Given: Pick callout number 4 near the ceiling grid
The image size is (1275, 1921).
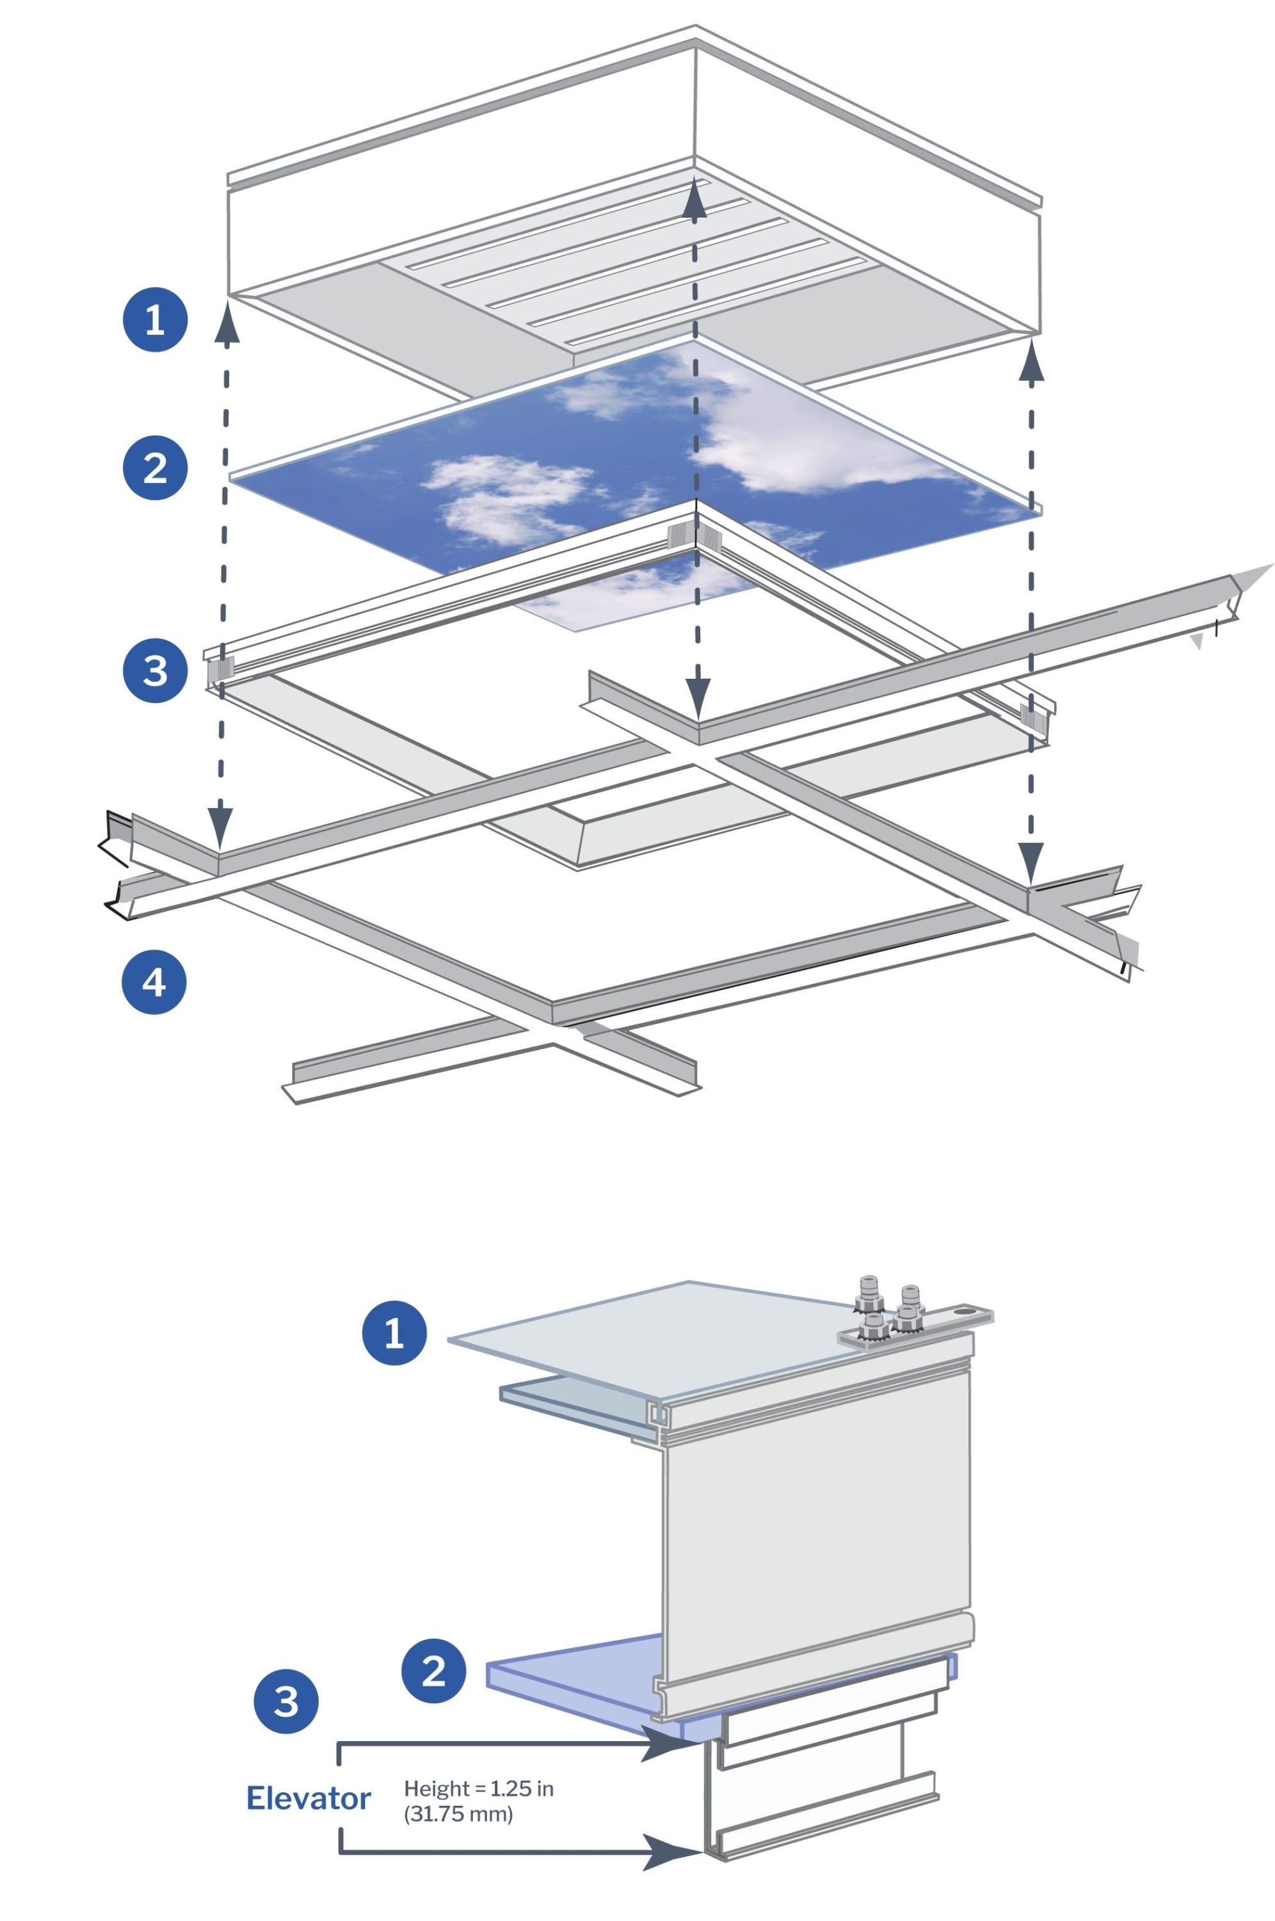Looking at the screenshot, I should [x=154, y=982].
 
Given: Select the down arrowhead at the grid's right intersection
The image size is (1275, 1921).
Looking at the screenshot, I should [x=1030, y=861].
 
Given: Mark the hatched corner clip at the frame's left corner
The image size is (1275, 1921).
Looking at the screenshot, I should [x=220, y=669].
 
